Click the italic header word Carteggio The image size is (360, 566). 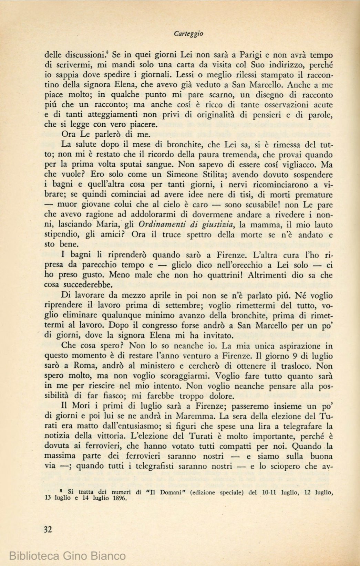(x=188, y=34)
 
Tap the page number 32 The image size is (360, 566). (x=48, y=529)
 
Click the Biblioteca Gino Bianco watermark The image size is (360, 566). (x=68, y=555)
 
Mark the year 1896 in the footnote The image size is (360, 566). (x=118, y=498)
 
